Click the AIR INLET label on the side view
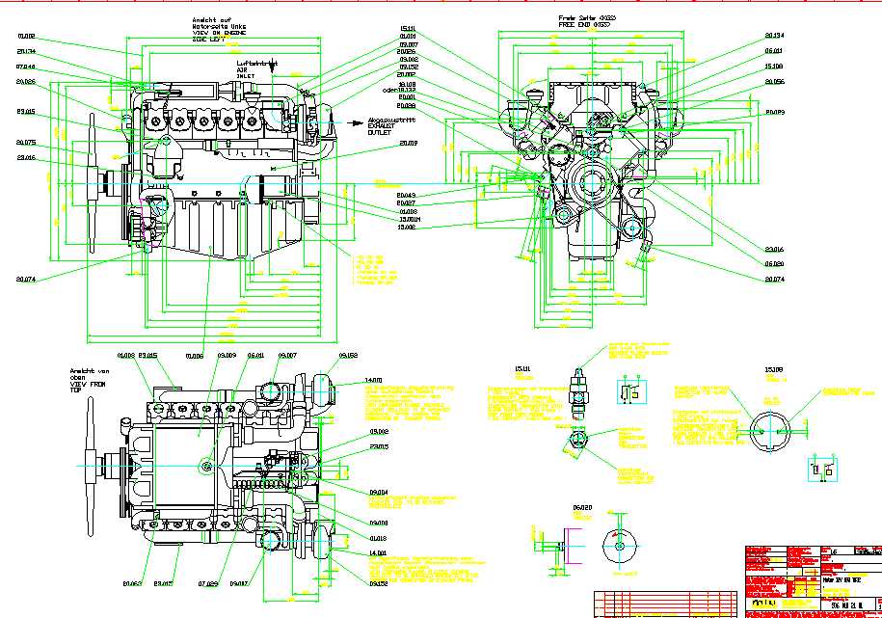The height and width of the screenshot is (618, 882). coord(248,75)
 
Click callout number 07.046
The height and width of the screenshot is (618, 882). coord(25,67)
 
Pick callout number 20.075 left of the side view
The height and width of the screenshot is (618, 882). coord(25,143)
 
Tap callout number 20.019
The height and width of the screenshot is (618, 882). coord(379,144)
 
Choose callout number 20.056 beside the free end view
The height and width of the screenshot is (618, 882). coord(774,83)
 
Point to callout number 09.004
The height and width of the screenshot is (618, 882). coord(378,493)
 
